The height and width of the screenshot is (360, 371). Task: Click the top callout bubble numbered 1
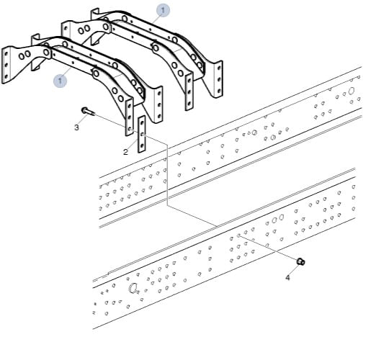[163, 10]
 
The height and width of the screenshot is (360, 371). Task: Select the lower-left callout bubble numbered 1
[60, 81]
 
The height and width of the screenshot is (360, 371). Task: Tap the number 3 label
[76, 127]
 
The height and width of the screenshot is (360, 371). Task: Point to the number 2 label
[125, 152]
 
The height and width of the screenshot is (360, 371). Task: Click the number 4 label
[287, 278]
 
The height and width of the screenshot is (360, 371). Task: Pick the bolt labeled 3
[88, 112]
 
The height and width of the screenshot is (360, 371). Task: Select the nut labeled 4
[301, 261]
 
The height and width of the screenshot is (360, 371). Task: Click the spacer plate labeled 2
[142, 134]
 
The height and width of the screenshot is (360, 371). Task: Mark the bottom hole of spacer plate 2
[142, 145]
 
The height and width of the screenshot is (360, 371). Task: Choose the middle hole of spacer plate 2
[142, 134]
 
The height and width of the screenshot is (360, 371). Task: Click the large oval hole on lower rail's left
[133, 287]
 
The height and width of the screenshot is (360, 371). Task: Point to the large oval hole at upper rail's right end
[351, 91]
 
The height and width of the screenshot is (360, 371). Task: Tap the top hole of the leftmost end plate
[6, 53]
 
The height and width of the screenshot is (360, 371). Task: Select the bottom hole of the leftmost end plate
[6, 76]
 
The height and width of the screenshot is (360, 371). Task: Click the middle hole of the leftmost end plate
[6, 65]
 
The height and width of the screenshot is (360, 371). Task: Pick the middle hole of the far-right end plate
[219, 79]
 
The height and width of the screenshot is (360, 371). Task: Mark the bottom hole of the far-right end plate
[219, 91]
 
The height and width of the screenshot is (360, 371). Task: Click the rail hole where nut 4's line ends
[238, 235]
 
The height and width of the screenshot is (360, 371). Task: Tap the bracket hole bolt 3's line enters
[130, 129]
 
